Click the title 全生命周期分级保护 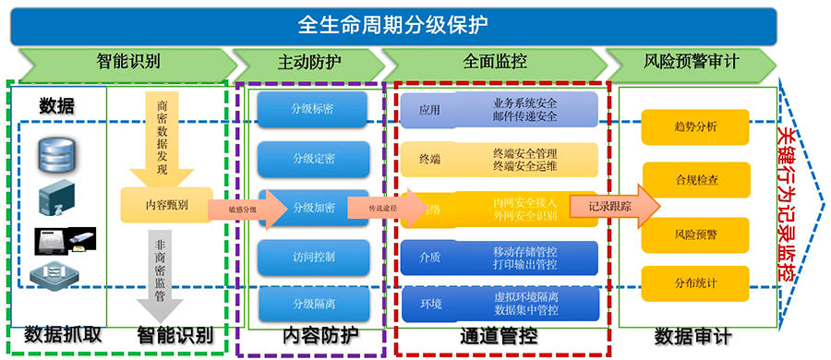[393, 23]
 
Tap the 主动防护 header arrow [308, 63]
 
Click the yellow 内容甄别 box [167, 205]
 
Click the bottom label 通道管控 [498, 337]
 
